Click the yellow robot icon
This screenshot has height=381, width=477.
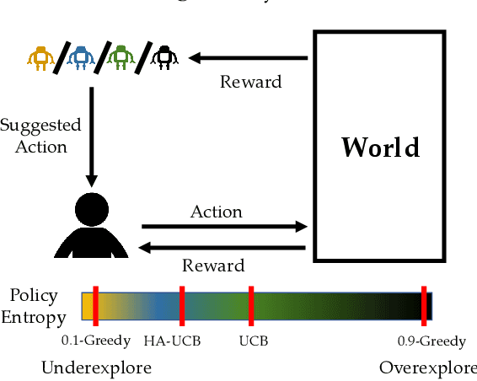pos(39,56)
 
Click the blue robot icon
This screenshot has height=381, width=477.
pos(81,56)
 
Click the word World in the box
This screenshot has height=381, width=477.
pos(379,147)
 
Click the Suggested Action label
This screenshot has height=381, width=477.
pos(40,136)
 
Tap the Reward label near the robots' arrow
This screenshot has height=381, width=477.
pos(250,82)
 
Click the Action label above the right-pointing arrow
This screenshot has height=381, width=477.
pos(217,211)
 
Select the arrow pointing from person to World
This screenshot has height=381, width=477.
pos(223,227)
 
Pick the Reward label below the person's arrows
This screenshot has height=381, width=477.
pos(213,266)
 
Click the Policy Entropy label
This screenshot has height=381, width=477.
pos(34,306)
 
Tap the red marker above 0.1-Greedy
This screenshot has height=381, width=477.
pos(95,304)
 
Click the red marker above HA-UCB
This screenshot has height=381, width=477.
pos(181,304)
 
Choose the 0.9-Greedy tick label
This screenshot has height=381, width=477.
pos(431,341)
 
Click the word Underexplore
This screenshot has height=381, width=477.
pos(96,368)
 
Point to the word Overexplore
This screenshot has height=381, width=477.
pos(426,368)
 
